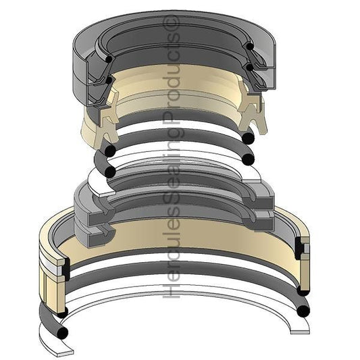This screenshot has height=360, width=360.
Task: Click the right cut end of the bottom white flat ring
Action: pyautogui.click(x=295, y=330)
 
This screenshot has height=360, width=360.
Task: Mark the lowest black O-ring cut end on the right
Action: pyautogui.click(x=304, y=311)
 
